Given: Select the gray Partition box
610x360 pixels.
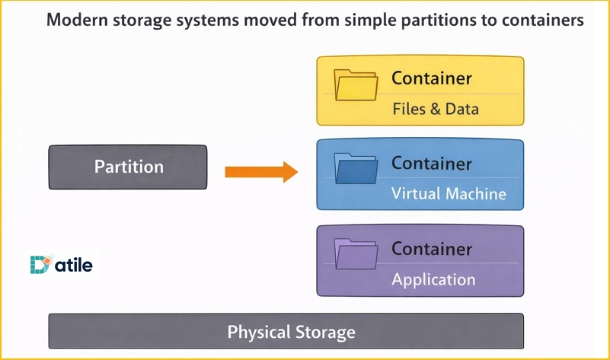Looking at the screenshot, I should point(128,167).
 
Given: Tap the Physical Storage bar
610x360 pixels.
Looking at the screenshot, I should point(286,332).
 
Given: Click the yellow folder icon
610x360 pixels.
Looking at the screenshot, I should point(355,86).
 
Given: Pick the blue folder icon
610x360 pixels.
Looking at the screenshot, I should point(355,170).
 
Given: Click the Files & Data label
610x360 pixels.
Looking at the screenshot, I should point(436,109).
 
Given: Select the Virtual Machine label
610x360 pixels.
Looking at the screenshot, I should point(449,193).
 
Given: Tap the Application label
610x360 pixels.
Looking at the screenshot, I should point(433,279).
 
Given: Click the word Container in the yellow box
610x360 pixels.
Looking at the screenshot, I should point(432,78).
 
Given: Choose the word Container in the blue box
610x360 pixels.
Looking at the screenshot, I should point(432,163).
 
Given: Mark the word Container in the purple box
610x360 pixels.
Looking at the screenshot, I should point(432,249).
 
